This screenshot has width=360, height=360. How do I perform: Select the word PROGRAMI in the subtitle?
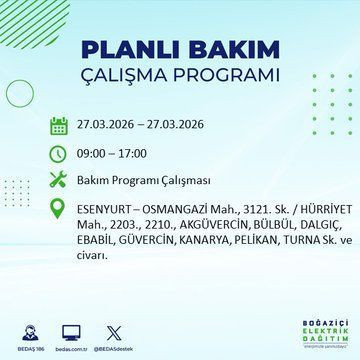click(x=224, y=79)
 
